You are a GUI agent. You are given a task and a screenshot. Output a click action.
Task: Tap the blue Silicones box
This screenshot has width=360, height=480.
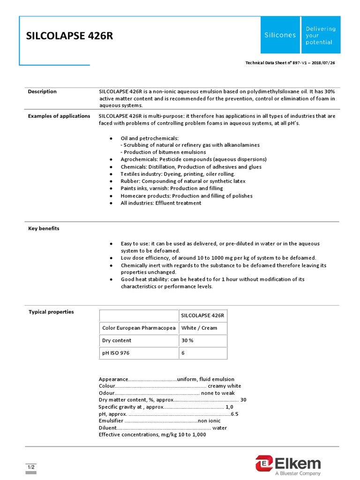[280, 35]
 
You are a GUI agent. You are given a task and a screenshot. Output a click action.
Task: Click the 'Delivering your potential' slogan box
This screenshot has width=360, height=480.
[321, 35]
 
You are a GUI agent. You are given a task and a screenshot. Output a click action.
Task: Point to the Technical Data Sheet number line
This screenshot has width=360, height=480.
[290, 63]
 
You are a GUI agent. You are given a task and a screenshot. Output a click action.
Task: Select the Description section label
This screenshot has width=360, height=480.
[42, 91]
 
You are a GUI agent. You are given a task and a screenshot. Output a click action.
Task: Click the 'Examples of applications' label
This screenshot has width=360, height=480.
[59, 116]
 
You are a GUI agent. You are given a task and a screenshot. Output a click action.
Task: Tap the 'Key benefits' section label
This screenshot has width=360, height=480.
[44, 228]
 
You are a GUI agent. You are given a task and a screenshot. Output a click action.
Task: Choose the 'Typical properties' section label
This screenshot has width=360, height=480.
[51, 312]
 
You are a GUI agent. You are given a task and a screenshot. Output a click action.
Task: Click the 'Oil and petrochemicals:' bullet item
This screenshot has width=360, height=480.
[150, 138]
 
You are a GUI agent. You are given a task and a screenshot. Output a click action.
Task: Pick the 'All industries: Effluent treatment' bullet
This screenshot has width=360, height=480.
[161, 203]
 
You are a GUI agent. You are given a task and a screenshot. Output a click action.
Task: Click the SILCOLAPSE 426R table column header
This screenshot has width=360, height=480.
[202, 315]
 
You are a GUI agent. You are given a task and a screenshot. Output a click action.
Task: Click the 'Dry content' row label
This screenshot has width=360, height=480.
[117, 340]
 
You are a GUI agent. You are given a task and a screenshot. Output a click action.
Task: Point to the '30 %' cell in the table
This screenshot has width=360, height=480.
[187, 340]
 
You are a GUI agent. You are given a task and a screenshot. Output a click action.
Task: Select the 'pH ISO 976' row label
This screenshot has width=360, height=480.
[116, 353]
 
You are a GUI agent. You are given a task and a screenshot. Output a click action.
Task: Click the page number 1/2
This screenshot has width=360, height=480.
[30, 467]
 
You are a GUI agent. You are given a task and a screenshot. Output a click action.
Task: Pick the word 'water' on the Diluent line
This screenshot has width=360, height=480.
[219, 427]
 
